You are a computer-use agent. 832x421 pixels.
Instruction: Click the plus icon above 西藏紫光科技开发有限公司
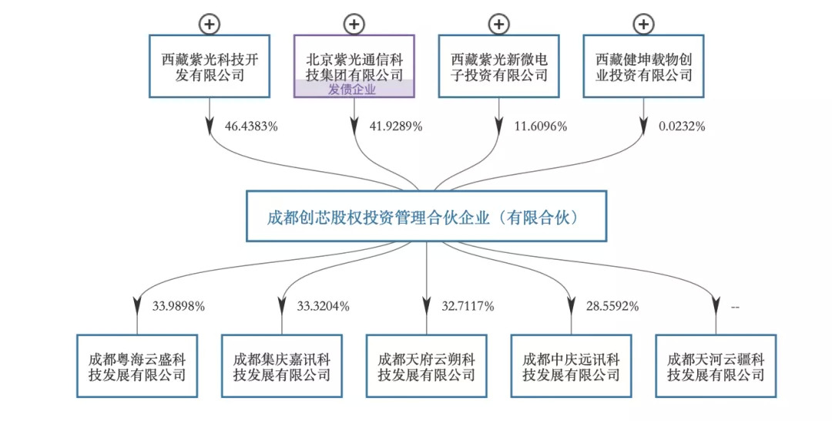pos(209,24)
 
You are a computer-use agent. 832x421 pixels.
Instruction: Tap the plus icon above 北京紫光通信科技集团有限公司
pos(354,24)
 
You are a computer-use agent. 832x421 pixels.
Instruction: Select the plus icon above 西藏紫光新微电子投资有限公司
pos(498,24)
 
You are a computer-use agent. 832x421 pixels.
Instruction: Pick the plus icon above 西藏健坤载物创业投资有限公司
pos(643,24)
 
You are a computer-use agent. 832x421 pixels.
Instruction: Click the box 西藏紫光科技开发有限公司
pos(210,66)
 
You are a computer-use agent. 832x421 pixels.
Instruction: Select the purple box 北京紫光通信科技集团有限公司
pos(354,62)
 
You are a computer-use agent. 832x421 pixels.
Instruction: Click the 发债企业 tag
pos(354,89)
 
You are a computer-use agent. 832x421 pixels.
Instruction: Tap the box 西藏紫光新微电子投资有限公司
pos(498,66)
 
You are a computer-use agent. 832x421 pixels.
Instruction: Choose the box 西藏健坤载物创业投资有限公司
pos(643,66)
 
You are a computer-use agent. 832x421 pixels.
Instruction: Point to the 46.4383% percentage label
pos(251,126)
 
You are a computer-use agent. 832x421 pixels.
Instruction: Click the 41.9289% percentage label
pos(396,126)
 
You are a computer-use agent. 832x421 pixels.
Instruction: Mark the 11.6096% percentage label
pos(541,126)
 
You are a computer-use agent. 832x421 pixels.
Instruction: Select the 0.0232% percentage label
pos(682,126)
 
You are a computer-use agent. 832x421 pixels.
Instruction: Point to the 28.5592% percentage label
pos(613,306)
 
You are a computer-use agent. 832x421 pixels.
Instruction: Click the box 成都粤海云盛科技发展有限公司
pos(137,365)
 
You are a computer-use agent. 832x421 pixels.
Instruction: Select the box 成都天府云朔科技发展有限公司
pos(426,365)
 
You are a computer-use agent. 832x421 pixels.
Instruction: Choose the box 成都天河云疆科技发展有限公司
pos(716,365)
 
